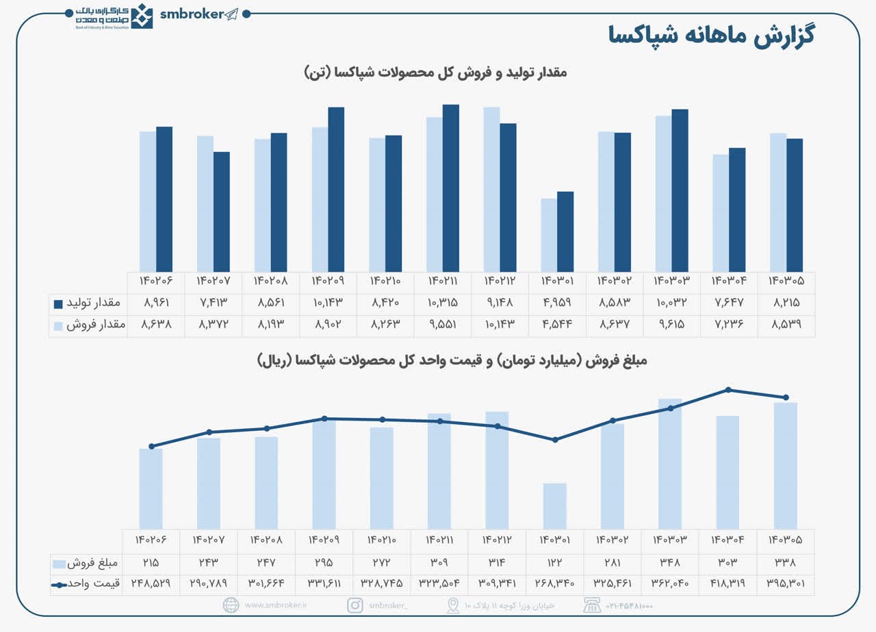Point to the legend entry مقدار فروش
[88, 326]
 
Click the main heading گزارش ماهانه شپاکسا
[711, 36]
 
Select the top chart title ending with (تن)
[435, 72]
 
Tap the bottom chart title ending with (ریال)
[452, 360]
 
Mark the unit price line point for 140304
[728, 390]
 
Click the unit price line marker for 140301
[555, 439]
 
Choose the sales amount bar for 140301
[555, 505]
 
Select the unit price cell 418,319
[727, 583]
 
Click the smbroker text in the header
[192, 14]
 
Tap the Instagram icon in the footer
[355, 605]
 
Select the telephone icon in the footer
[591, 605]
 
